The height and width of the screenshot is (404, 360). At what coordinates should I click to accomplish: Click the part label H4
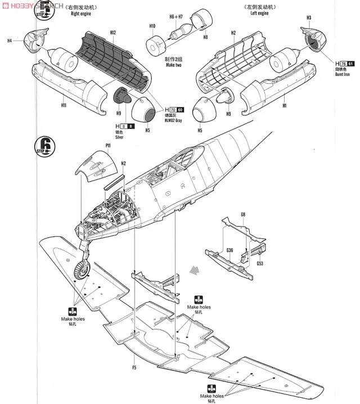pos(10,41)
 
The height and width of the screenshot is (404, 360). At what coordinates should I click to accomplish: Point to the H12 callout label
pos(113,33)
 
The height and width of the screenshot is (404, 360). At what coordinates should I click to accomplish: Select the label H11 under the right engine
pos(64,105)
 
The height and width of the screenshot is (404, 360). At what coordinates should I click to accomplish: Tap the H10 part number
pos(152,26)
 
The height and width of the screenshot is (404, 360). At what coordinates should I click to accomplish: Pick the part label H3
pos(309,18)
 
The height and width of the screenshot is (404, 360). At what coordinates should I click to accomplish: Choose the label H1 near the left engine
pos(285,105)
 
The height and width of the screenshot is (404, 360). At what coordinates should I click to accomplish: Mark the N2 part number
pos(123,163)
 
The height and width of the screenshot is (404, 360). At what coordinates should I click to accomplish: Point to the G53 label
pos(260,263)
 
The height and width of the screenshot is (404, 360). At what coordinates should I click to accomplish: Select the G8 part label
pos(243,214)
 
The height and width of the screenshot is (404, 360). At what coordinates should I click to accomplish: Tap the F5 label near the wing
pos(134,369)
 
